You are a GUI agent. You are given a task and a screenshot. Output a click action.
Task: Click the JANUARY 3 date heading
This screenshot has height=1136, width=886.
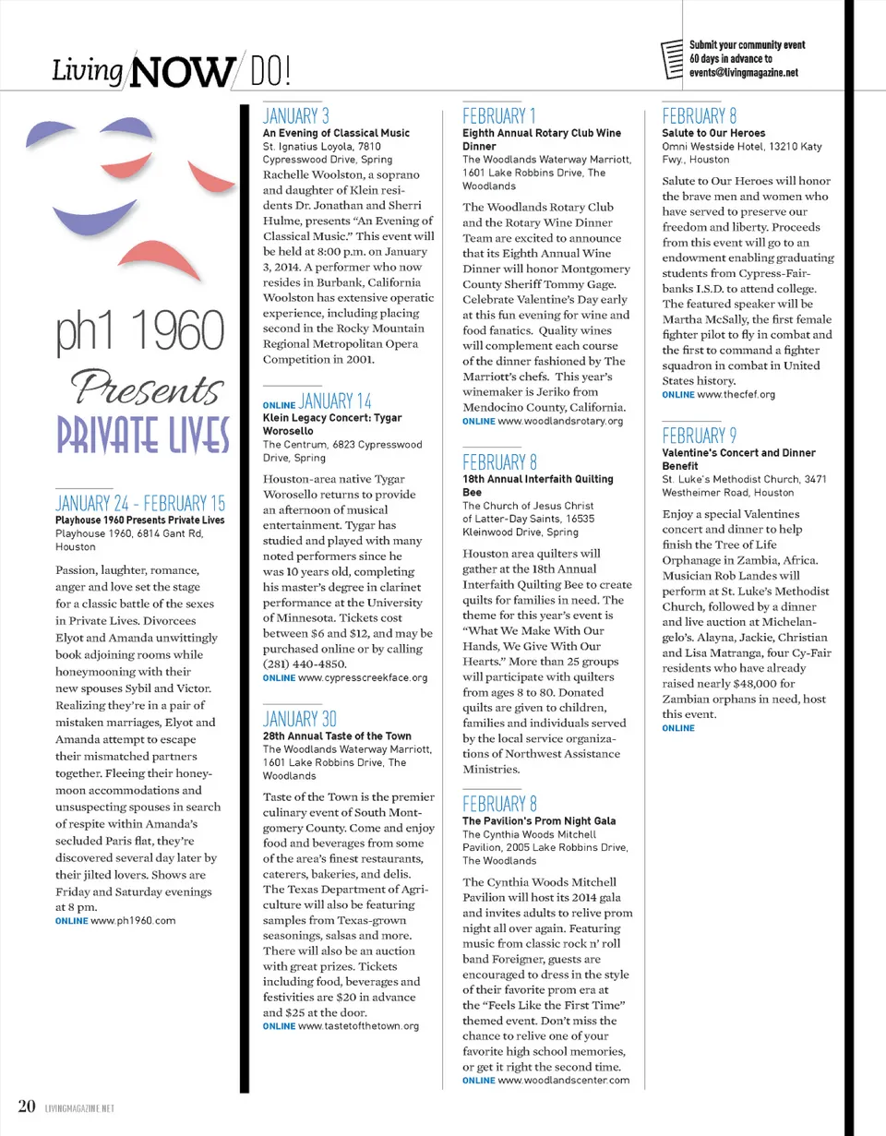point(296,116)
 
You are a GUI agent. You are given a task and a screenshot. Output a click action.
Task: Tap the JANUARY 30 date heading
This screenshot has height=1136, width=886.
point(297,719)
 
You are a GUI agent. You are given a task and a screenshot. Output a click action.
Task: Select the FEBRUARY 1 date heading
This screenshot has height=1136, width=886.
point(499,116)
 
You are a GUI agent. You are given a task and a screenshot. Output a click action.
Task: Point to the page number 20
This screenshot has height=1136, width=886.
point(26,1106)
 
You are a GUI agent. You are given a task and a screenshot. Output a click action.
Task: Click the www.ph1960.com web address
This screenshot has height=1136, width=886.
point(133,920)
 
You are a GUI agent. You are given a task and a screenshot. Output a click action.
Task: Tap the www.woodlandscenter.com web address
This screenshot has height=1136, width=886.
point(563,1080)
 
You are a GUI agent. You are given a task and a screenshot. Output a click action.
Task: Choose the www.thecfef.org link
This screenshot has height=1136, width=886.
point(722,394)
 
